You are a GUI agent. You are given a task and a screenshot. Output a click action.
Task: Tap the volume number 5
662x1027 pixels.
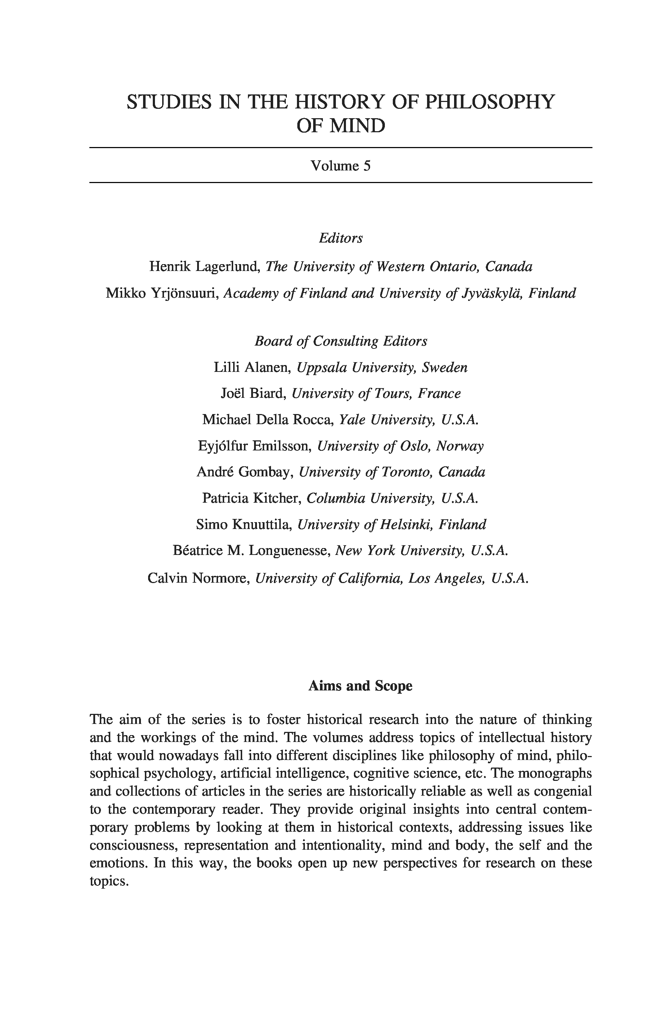(x=366, y=166)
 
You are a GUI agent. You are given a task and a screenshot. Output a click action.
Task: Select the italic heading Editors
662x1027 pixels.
(x=341, y=238)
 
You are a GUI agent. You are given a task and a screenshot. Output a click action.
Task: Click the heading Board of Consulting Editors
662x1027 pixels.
(x=341, y=341)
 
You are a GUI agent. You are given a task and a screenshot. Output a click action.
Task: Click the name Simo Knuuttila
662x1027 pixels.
(x=244, y=524)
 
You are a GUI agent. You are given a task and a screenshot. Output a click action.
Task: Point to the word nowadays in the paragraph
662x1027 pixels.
(x=190, y=755)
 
